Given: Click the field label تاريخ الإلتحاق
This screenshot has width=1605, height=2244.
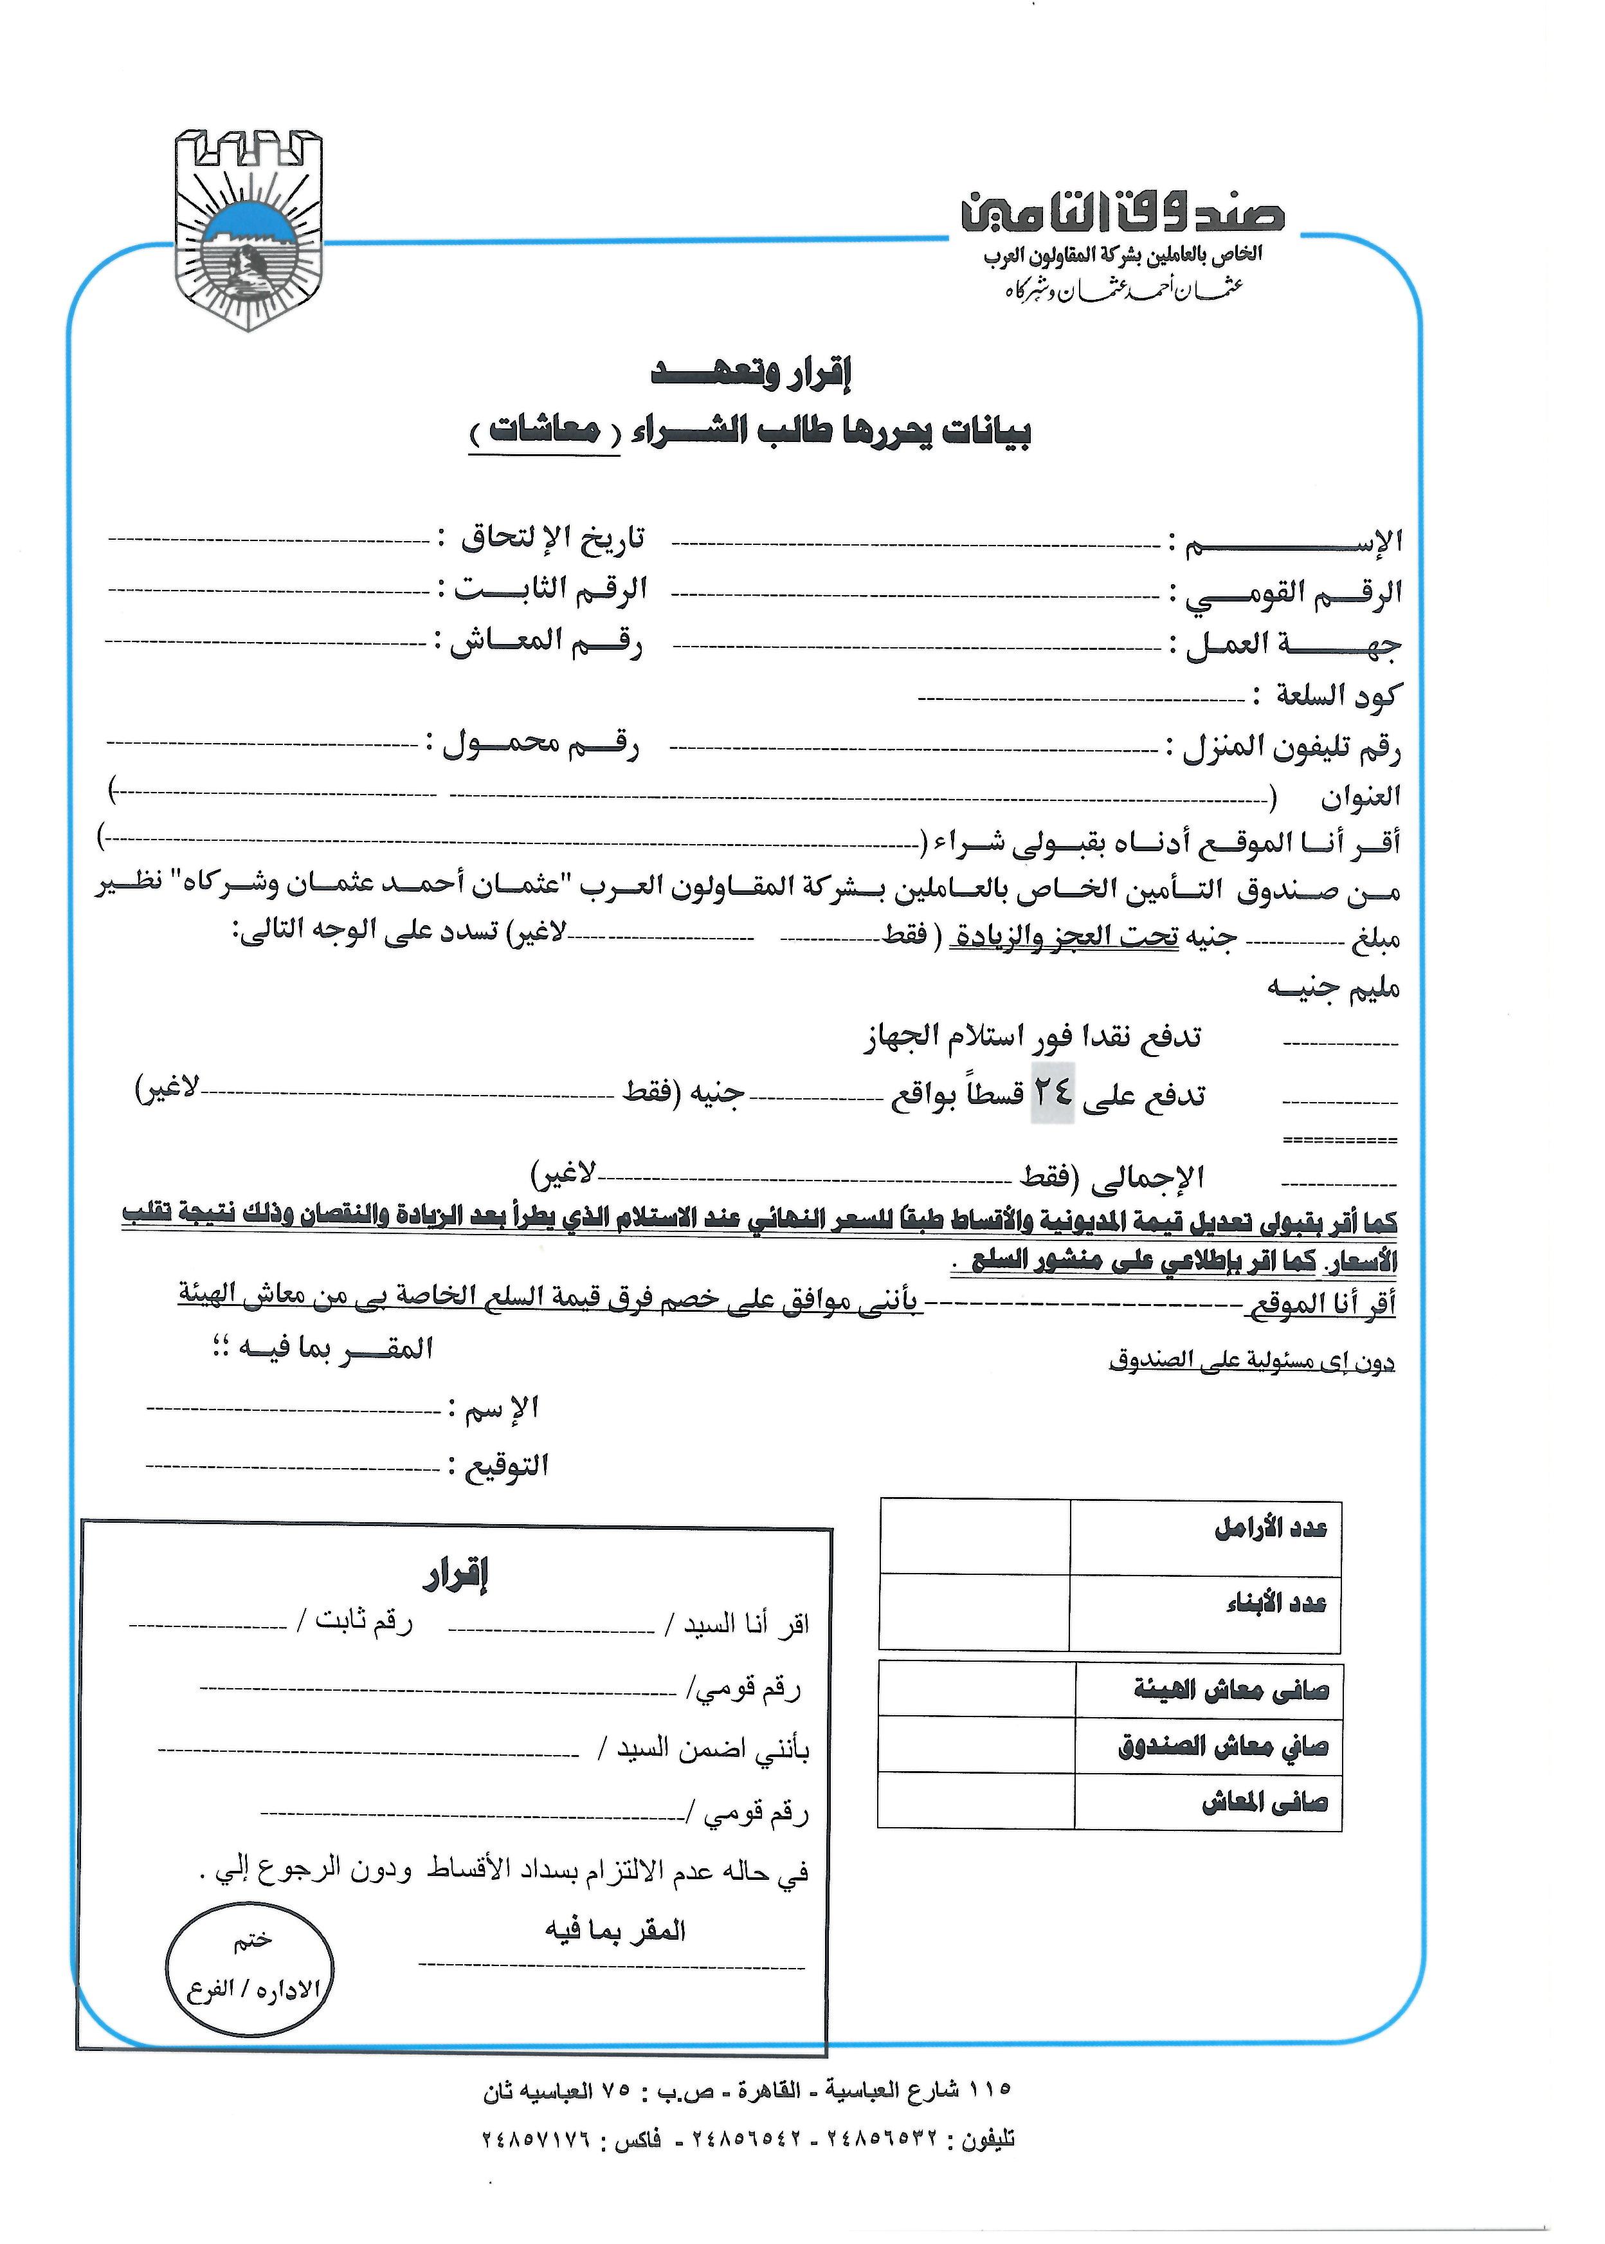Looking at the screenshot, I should (554, 538).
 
